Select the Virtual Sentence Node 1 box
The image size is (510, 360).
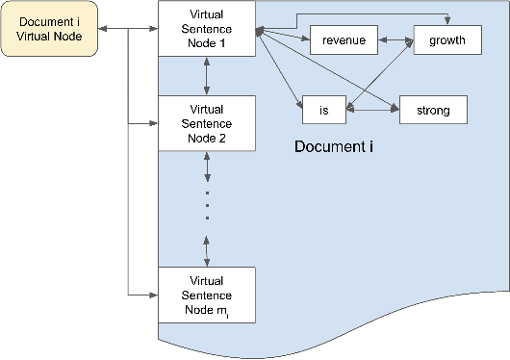point(207,29)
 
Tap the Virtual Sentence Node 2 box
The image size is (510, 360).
point(207,123)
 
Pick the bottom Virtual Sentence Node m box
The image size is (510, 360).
point(207,294)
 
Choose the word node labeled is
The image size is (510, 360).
point(323,111)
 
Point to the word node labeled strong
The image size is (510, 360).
point(433,111)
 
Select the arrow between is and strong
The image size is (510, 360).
point(373,111)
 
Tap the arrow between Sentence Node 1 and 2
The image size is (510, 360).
point(207,76)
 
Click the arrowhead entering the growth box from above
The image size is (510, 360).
point(446,21)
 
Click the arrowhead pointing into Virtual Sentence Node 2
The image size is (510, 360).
point(154,124)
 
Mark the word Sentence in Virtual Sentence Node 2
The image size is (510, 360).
point(207,123)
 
